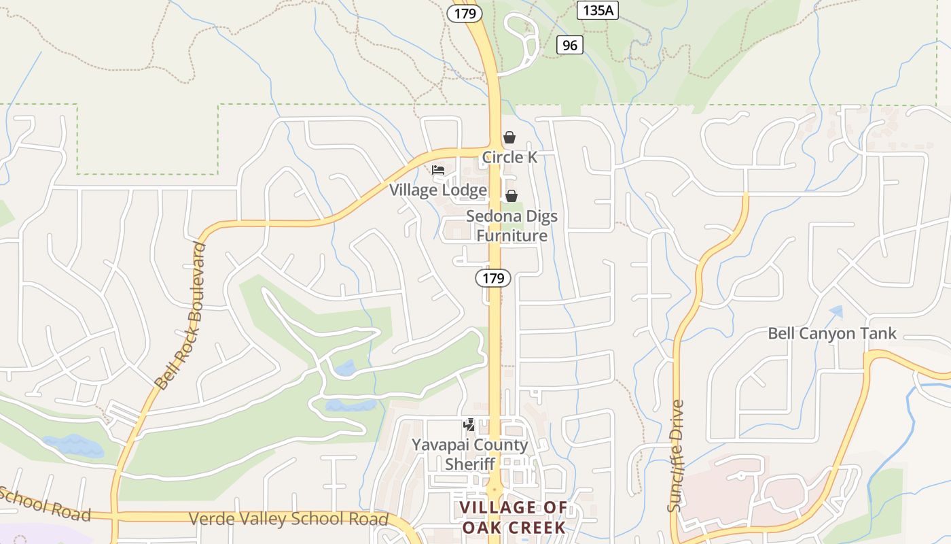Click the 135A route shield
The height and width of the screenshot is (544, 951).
coord(598,10)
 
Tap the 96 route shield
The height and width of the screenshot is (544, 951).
coord(570,45)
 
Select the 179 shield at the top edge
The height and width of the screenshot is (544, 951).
coord(465,12)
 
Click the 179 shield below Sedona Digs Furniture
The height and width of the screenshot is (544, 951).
coord(493,277)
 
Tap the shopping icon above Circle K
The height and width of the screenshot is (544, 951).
coord(509,137)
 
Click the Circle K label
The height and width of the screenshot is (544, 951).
coord(509,158)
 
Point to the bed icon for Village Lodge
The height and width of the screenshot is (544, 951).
coord(438,170)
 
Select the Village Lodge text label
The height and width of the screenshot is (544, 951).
coord(438,190)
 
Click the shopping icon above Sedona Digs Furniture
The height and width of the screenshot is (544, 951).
coord(512,196)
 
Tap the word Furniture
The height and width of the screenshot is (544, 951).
coord(512,236)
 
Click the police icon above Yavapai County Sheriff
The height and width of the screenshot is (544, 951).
coord(469,425)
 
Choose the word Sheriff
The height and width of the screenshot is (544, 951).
coord(469,464)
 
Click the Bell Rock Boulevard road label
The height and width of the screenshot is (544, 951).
coord(180,316)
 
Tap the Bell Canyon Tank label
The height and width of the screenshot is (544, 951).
coord(832,333)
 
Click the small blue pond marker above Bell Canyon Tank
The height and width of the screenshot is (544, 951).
coord(836,312)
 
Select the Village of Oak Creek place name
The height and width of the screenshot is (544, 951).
coord(514,517)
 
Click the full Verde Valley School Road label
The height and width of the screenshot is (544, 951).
coord(289,519)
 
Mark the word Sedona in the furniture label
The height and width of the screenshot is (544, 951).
coord(494,217)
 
